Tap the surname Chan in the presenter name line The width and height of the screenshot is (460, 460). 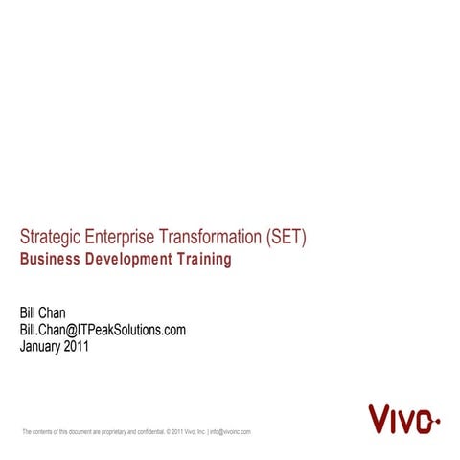click(x=55, y=314)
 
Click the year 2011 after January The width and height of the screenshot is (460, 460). click(x=79, y=347)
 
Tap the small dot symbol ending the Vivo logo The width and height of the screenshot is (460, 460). click(x=437, y=421)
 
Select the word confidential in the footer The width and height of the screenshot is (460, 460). click(x=149, y=433)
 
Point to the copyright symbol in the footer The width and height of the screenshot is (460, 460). click(x=169, y=433)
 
